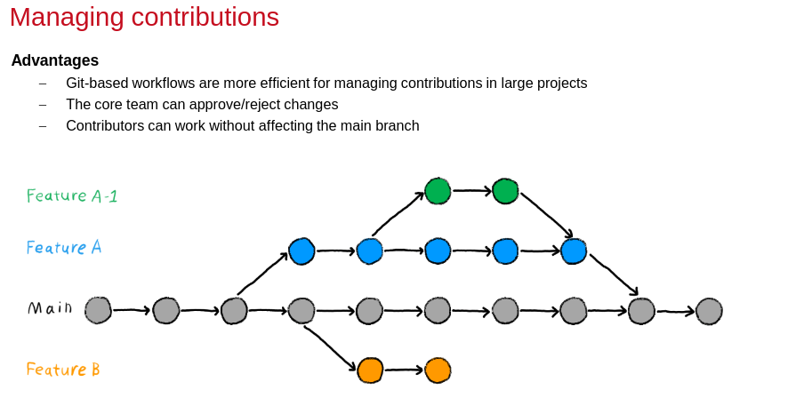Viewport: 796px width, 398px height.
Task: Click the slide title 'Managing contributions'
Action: (x=144, y=17)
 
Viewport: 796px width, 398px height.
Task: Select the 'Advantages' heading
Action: (x=55, y=60)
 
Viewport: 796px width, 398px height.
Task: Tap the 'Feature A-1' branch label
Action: (x=72, y=196)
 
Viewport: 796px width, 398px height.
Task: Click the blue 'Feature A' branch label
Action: (x=64, y=248)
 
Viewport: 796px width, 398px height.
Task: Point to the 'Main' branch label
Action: (x=50, y=308)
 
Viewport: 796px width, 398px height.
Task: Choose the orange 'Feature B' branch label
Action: (x=63, y=370)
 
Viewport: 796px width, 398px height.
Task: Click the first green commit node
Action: (x=438, y=191)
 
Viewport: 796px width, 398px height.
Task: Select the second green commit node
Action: (x=505, y=191)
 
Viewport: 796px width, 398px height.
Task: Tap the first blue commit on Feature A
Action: (x=302, y=251)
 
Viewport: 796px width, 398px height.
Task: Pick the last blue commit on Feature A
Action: (x=574, y=251)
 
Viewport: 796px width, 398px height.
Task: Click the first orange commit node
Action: (x=370, y=370)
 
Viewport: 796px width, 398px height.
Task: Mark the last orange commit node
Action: (x=438, y=370)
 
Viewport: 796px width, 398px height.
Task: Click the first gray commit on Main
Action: (x=98, y=310)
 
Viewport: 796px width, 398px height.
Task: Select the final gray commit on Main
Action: (x=709, y=311)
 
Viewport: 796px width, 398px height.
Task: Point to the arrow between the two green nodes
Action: (x=471, y=190)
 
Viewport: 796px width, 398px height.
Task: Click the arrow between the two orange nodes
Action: (x=404, y=370)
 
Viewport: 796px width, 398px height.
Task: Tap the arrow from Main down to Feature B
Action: (x=331, y=347)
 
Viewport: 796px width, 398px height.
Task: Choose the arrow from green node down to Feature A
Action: (x=546, y=215)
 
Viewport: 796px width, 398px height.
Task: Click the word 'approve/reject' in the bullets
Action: (x=231, y=104)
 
